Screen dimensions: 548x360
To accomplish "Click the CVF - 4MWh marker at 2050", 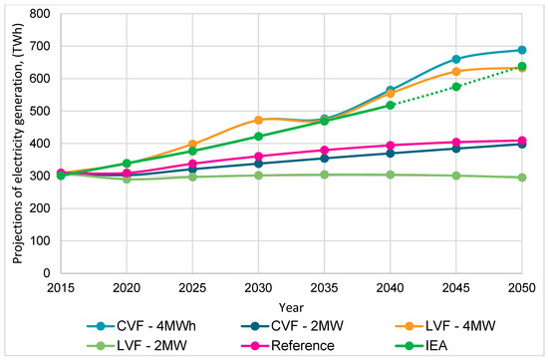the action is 522,50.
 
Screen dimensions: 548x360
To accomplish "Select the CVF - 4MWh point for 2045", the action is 456,59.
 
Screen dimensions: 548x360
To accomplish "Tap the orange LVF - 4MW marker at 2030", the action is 258,120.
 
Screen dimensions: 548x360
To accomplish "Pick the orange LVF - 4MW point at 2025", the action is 192,144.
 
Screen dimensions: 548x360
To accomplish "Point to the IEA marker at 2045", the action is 456,87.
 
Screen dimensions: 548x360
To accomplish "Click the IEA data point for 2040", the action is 390,105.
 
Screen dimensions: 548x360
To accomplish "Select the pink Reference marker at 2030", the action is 258,156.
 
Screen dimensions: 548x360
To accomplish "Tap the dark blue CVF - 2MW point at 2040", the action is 390,154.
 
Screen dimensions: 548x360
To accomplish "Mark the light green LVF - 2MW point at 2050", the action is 522,178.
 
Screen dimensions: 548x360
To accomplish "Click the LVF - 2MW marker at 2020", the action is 127,180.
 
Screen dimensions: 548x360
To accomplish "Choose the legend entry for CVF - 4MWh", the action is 141,326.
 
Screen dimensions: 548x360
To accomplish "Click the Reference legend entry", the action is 288,346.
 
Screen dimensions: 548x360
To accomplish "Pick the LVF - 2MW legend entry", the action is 137,346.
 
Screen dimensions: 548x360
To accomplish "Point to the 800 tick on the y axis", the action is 40,14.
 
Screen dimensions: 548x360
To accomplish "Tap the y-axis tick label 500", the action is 40,111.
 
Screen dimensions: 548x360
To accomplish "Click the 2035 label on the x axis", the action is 325,288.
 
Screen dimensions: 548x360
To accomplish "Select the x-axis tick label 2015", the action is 61,288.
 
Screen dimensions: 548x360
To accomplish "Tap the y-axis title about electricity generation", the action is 18,144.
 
